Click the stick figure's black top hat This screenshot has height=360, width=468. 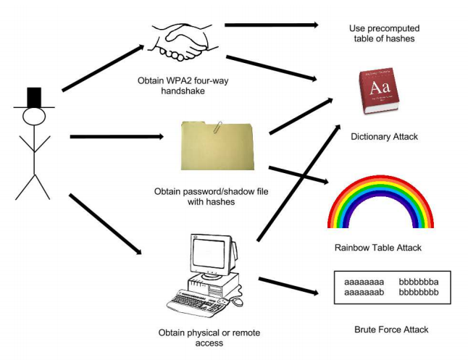coord(34,99)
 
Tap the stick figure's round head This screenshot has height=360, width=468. coord(34,117)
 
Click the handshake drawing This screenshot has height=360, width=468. coord(183,43)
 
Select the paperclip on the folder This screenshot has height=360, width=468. coord(218,127)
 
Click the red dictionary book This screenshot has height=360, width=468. coord(379,91)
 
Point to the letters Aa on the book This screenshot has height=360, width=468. coord(380,88)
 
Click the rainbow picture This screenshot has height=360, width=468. coord(380,202)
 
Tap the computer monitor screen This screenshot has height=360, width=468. coord(209,254)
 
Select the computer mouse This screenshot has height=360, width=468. coord(238,302)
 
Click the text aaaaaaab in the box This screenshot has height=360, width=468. coord(364,292)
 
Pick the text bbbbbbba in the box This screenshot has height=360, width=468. coord(419,282)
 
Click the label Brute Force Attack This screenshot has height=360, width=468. coord(391,330)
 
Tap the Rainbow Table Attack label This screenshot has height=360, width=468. coord(378,248)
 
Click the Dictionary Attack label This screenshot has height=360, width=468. coord(384,136)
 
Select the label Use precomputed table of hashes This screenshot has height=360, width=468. coord(385,33)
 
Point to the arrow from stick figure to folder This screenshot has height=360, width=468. coord(117,137)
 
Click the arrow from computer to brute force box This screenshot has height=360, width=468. coord(288,286)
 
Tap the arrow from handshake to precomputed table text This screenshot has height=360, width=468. coord(272,25)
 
